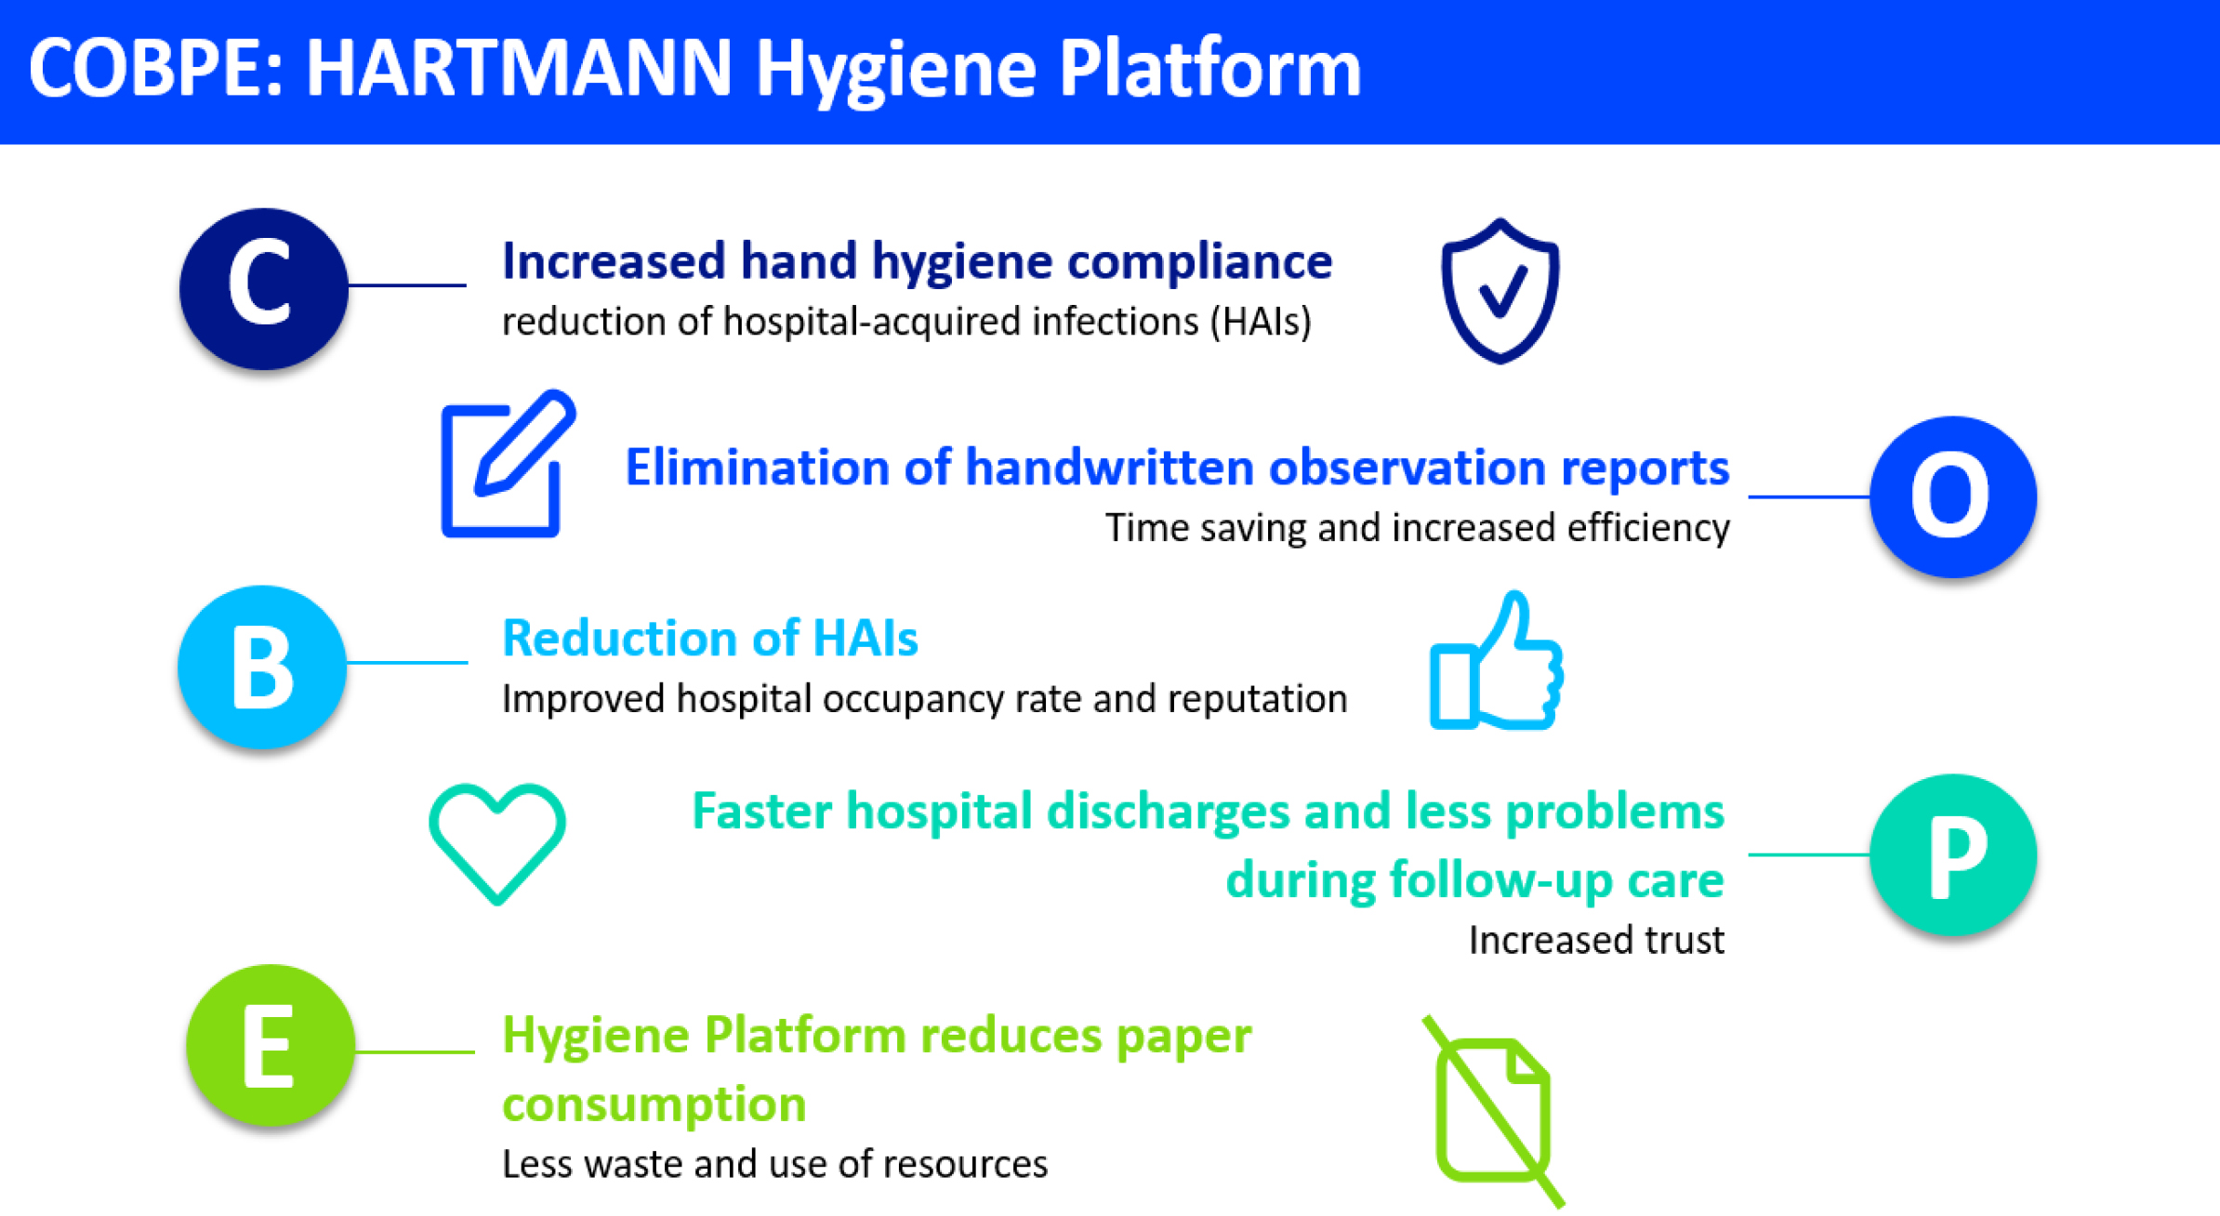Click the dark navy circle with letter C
point(264,288)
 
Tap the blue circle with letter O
point(1953,496)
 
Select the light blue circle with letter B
point(262,667)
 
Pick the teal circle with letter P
point(1953,854)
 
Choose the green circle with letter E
point(271,1045)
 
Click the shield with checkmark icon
point(1500,290)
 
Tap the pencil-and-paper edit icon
point(508,463)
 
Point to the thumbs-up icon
point(1496,660)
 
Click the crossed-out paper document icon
point(1494,1111)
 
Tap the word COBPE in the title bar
point(147,69)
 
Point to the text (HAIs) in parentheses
point(1261,323)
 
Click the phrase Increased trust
point(1596,940)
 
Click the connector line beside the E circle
point(415,1051)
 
